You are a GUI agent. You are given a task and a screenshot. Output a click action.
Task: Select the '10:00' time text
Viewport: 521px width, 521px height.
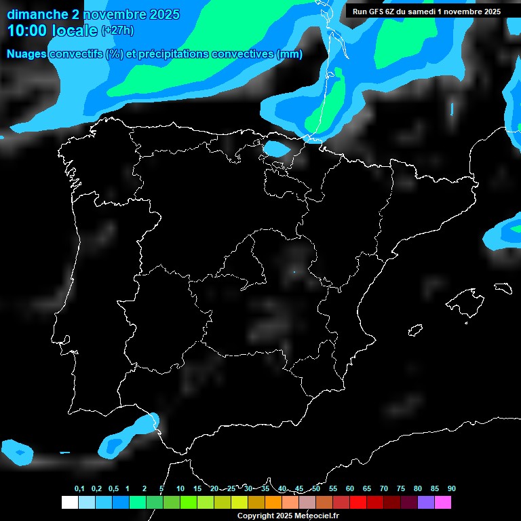[x=28, y=31]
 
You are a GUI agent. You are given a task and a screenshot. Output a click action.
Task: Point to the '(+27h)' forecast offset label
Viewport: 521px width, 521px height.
[x=117, y=31]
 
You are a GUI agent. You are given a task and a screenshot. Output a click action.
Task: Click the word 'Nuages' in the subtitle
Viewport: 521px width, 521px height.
[x=26, y=54]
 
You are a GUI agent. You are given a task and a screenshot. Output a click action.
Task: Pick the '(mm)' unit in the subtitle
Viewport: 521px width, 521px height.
[x=290, y=54]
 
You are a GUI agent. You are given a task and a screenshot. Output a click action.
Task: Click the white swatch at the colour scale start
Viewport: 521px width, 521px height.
[x=69, y=503]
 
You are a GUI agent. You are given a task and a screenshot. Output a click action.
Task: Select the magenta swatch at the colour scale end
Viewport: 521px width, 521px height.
[x=443, y=503]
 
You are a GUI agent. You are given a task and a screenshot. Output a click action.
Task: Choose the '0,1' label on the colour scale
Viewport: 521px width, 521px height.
[x=79, y=489]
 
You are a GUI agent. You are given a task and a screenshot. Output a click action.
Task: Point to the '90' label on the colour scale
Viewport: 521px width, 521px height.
[x=451, y=489]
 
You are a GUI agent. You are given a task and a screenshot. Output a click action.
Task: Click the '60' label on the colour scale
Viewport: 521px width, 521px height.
[x=349, y=489]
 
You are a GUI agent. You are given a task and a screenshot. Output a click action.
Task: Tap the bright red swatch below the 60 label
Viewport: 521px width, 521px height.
[x=358, y=503]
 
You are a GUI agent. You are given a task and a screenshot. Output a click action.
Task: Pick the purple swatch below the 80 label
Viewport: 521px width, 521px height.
[x=426, y=503]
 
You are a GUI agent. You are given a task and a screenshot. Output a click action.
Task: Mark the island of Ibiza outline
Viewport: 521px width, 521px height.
[x=416, y=330]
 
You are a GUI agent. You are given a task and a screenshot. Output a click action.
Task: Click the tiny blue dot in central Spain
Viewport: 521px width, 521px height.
[x=294, y=272]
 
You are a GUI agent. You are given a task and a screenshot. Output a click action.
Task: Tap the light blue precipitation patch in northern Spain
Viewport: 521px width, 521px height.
[x=275, y=148]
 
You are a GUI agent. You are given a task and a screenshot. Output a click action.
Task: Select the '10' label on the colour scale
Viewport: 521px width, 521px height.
[x=180, y=489]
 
